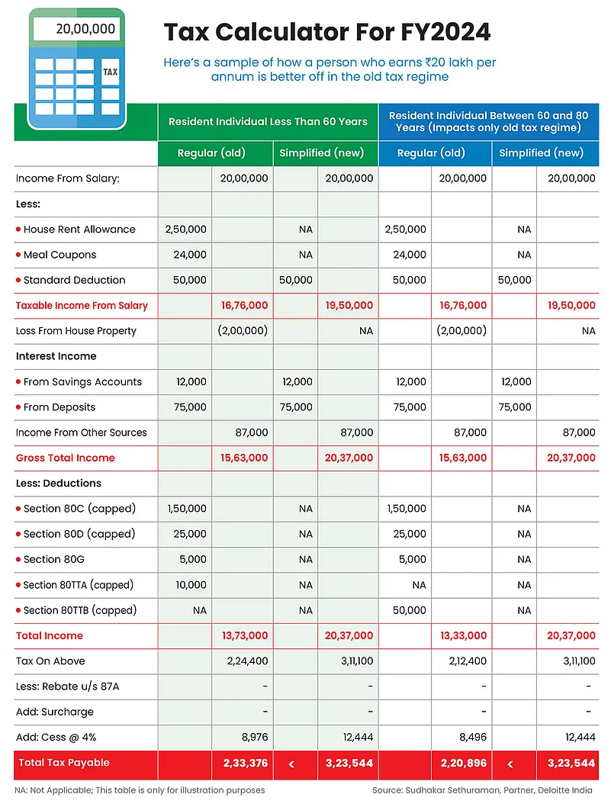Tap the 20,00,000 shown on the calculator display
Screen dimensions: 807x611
85,29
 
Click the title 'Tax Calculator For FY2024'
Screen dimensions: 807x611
327,32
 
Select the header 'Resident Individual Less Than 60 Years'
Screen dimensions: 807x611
268,121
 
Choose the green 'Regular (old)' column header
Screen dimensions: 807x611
211,153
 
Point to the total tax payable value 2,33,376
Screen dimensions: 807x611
245,763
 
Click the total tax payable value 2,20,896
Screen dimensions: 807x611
463,763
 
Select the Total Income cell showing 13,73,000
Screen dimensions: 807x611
245,635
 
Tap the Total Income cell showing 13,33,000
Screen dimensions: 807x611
463,635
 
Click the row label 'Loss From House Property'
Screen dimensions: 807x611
76,331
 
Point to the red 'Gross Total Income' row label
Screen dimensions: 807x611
66,458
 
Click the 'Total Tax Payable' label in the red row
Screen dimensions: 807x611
64,763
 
